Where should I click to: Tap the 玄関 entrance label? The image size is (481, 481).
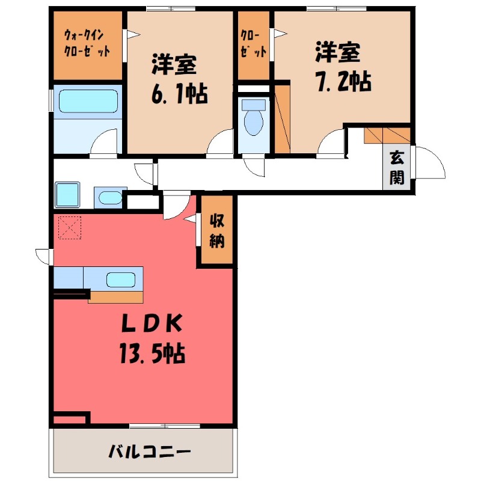[x=396, y=168]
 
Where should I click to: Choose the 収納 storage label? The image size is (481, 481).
[x=216, y=231]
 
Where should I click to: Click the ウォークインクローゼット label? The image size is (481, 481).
[x=87, y=43]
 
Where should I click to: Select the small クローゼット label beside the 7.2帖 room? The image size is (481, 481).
[x=253, y=43]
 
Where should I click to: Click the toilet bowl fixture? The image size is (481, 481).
[x=253, y=120]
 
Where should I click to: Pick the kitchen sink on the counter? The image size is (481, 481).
[x=121, y=279]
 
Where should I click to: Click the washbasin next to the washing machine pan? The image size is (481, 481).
[x=109, y=197]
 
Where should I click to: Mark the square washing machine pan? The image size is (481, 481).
[x=68, y=195]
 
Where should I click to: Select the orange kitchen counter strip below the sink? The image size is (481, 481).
[x=116, y=296]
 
